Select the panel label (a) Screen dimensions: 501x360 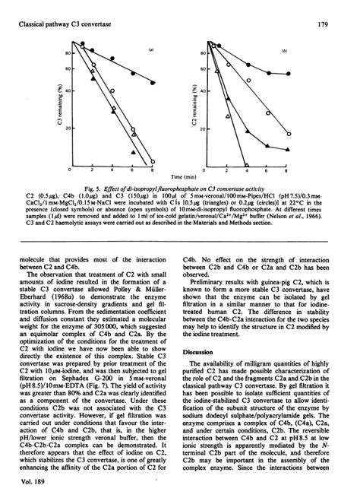pos(152,49)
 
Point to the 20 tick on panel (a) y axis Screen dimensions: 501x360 pos(67,128)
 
